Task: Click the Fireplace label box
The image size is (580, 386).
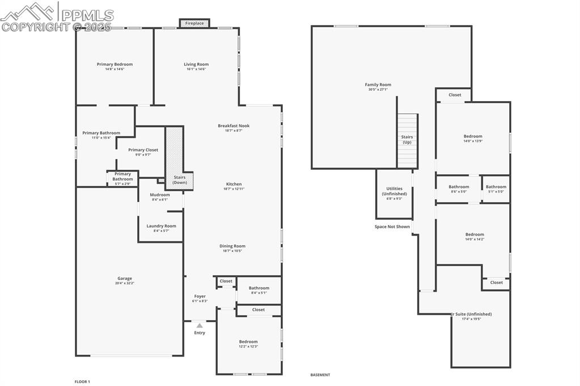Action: (x=194, y=23)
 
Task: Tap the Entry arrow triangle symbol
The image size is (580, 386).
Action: (x=200, y=325)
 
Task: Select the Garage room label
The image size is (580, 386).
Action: (x=125, y=279)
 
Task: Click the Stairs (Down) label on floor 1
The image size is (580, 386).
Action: (x=180, y=180)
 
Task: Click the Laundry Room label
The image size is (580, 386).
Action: (x=161, y=226)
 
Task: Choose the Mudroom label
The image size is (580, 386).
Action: (x=160, y=195)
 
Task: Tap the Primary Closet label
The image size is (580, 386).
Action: (x=143, y=150)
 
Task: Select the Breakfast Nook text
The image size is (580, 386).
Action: (x=234, y=126)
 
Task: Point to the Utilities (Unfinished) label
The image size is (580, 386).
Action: (x=394, y=191)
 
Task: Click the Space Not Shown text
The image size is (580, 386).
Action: (x=392, y=226)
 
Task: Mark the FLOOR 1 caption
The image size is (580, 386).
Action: (x=82, y=381)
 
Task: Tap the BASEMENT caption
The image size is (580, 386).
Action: (x=320, y=375)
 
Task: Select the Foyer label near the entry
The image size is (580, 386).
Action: (x=200, y=296)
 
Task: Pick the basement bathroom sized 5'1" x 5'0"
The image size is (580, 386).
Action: (x=496, y=188)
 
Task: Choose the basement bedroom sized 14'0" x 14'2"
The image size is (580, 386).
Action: (x=475, y=237)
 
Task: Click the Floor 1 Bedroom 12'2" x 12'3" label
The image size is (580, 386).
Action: (x=248, y=343)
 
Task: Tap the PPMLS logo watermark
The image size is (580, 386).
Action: (x=57, y=16)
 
